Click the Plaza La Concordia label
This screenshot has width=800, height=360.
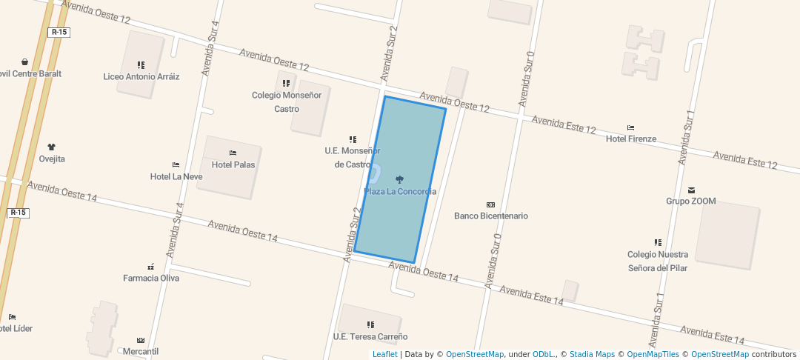pyautogui.click(x=400, y=192)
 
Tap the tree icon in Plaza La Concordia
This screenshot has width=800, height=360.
pyautogui.click(x=400, y=179)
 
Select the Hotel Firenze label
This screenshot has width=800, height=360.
pyautogui.click(x=631, y=139)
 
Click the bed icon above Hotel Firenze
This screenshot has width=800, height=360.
pyautogui.click(x=631, y=128)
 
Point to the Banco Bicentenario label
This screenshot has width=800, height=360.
pyautogui.click(x=490, y=216)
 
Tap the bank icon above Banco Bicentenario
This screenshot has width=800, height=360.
pyautogui.click(x=490, y=204)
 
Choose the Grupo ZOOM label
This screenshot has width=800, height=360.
pyautogui.click(x=691, y=201)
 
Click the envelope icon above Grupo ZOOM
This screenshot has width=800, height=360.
pyautogui.click(x=692, y=190)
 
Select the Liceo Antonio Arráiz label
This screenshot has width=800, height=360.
pyautogui.click(x=141, y=76)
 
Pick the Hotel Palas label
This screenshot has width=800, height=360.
pyautogui.click(x=233, y=164)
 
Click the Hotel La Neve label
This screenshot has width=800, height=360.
pyautogui.click(x=176, y=176)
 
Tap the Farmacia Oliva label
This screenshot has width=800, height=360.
pyautogui.click(x=151, y=279)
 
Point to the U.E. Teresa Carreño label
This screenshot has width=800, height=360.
pyautogui.click(x=370, y=336)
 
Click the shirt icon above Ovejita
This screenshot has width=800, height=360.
pyautogui.click(x=52, y=147)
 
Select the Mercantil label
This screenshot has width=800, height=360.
pyautogui.click(x=141, y=351)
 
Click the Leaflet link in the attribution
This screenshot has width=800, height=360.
pyautogui.click(x=384, y=354)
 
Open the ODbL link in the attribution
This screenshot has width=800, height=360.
pyautogui.click(x=544, y=354)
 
